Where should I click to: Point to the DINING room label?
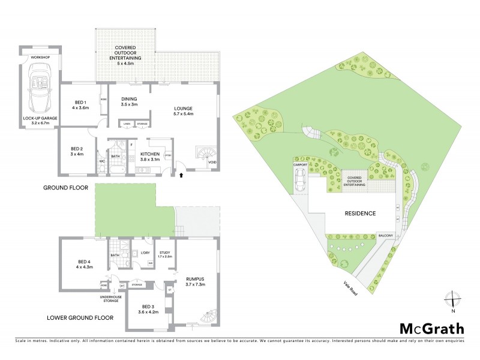(130, 101)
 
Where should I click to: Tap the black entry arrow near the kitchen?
(181, 176)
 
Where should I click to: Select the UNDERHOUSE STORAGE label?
(112, 297)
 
